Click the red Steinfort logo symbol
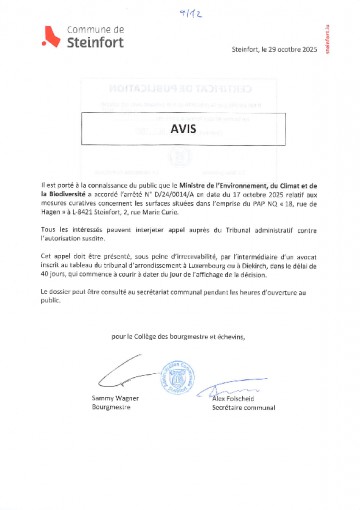46,39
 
